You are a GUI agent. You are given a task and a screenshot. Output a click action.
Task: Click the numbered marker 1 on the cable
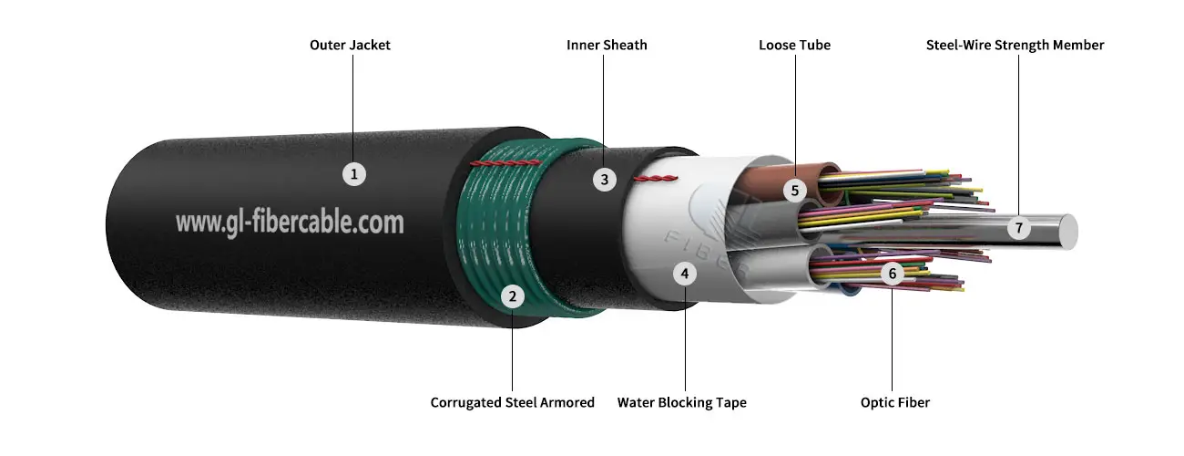coord(353,173)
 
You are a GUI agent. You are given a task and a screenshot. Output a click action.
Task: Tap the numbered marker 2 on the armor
coord(513,295)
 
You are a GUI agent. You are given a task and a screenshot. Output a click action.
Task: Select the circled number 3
coord(604,179)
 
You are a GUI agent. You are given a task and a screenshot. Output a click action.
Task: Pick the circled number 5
coord(795,191)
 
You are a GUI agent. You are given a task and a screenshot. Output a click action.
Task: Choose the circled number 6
coord(893,272)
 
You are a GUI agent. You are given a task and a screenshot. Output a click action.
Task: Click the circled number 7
coord(1019,228)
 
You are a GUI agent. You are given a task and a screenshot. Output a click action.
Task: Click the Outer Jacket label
coord(350,45)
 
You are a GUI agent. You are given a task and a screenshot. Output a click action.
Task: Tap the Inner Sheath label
coord(607,45)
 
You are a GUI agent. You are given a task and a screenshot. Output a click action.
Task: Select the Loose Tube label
coord(794,45)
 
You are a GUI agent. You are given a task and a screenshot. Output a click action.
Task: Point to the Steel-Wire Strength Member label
coord(1015,45)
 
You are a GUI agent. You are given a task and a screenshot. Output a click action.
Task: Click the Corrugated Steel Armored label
coord(512,402)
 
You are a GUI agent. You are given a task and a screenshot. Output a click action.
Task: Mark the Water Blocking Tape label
coord(681,402)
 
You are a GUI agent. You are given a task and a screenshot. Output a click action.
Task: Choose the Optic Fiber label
coord(894,402)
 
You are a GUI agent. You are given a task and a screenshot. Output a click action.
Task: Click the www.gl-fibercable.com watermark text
coord(289,222)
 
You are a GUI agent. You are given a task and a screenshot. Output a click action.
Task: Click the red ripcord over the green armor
coord(505,162)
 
